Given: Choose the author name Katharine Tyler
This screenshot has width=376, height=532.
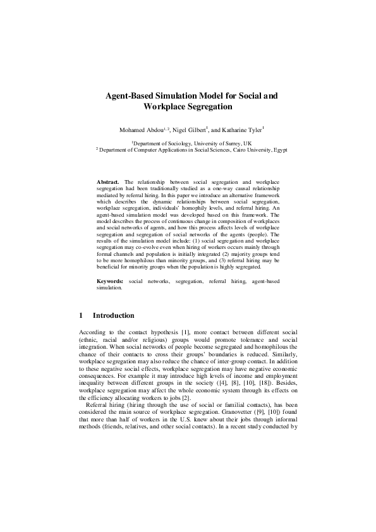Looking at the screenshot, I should (x=241, y=130).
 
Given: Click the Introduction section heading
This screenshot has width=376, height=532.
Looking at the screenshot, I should (x=113, y=315).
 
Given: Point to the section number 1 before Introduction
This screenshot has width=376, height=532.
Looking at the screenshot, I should (x=81, y=315).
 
